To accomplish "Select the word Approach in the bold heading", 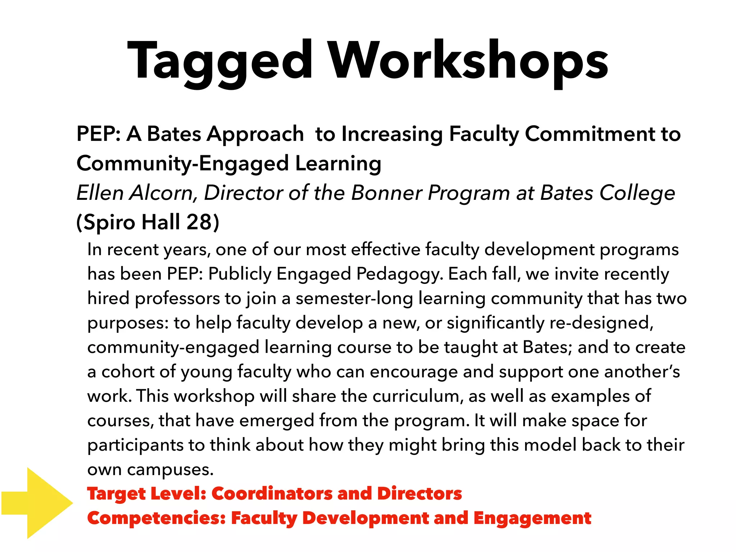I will click(256, 134).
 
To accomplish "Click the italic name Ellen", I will click(100, 193).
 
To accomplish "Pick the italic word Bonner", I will click(387, 193).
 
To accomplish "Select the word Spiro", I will click(109, 222).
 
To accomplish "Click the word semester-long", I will click(354, 298).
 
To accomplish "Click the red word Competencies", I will click(157, 518).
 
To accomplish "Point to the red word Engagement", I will click(532, 518).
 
